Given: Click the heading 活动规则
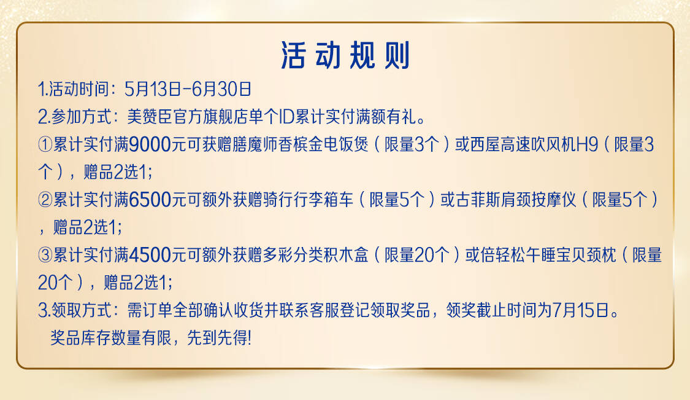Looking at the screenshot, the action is [x=345, y=55].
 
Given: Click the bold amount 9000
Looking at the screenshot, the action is [x=150, y=144].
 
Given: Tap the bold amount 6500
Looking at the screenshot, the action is [x=150, y=200].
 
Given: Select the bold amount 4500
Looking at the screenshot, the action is [x=150, y=256].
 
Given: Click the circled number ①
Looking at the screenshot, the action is [x=45, y=144].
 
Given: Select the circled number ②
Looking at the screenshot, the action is [x=45, y=200].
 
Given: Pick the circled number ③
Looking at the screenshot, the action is [x=45, y=256].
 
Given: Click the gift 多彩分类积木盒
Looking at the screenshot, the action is [x=315, y=256].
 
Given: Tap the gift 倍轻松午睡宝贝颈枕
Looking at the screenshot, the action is [x=548, y=256].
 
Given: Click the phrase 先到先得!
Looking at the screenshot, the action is [x=219, y=339].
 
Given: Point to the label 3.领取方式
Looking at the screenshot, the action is [x=75, y=310].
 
